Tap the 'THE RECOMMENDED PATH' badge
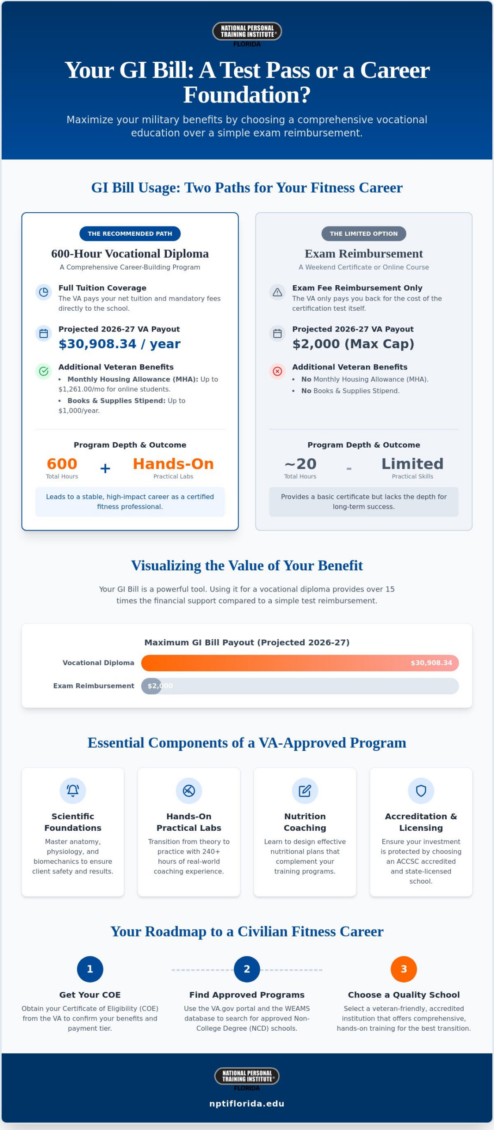tap(130, 234)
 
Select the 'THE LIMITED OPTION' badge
tap(364, 234)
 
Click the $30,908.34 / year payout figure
tap(120, 344)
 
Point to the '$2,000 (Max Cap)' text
tap(353, 344)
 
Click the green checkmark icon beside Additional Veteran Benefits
tap(44, 371)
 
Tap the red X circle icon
tap(277, 371)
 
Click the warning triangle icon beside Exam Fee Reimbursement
tap(277, 292)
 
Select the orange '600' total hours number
tap(62, 464)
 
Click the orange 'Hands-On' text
tap(173, 464)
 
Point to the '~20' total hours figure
tap(300, 464)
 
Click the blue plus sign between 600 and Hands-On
tap(105, 468)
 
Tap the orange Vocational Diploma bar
tap(300, 663)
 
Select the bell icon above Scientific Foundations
tap(73, 791)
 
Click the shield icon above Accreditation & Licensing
tap(421, 791)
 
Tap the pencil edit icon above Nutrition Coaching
tap(305, 791)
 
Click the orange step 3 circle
tap(404, 969)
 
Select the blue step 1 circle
tap(90, 969)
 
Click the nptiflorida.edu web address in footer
tap(247, 1104)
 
